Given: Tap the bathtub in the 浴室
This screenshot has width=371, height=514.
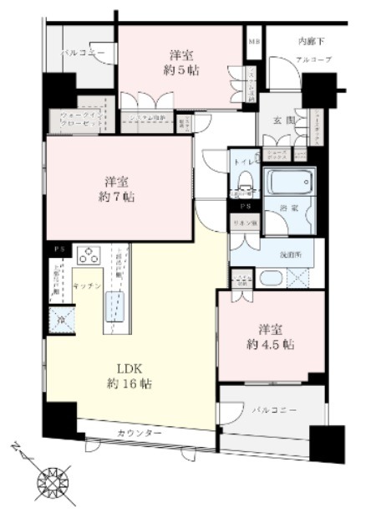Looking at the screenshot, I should point(289,181).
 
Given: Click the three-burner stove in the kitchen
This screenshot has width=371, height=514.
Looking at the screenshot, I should point(89,255).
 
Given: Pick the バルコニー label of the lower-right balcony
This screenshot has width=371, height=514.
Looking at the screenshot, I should point(272,411).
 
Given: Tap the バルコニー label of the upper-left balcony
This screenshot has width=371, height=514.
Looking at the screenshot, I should point(81,52).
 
